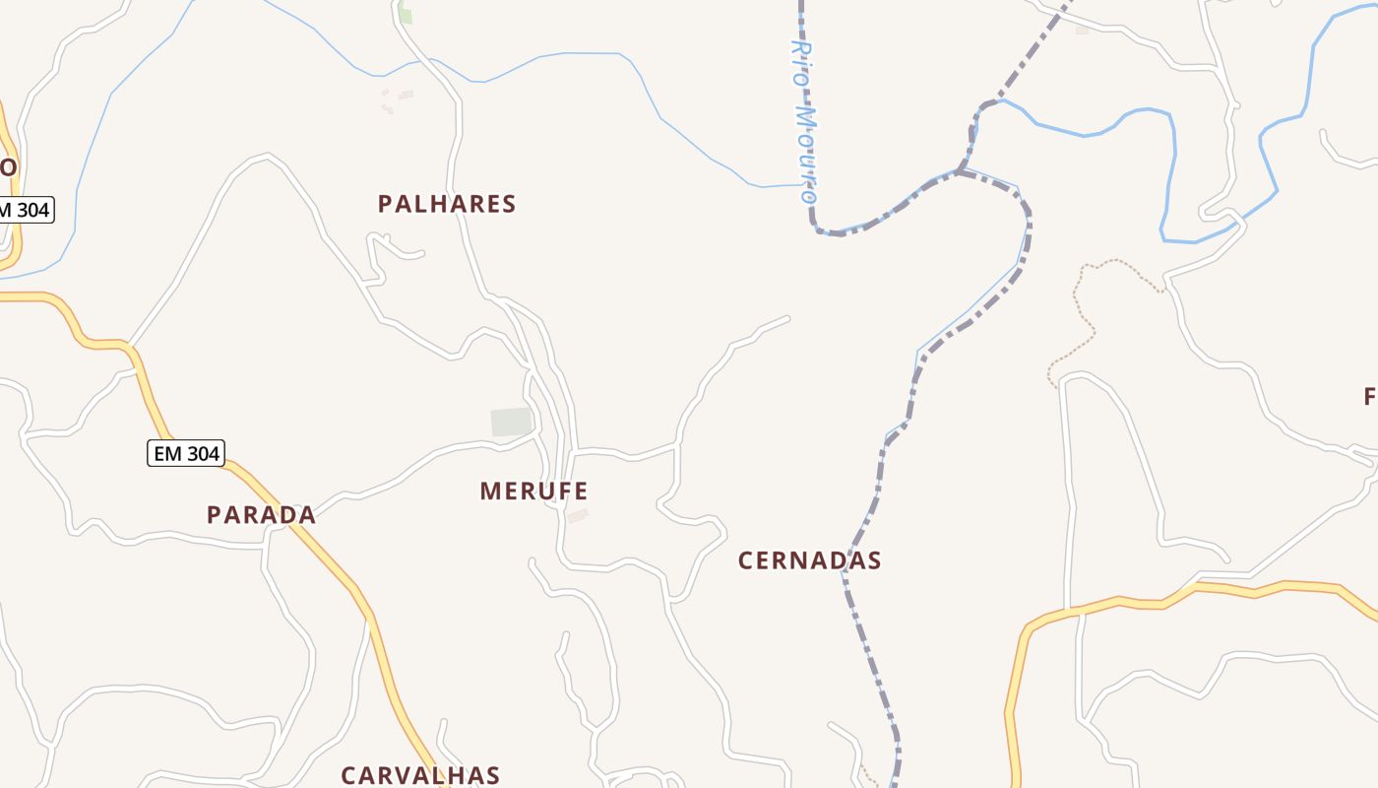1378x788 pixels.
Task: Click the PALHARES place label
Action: click(447, 204)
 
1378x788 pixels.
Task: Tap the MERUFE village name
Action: click(533, 491)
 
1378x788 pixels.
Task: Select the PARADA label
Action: click(261, 514)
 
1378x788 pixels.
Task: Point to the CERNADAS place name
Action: click(809, 560)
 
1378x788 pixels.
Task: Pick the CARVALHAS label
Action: click(420, 775)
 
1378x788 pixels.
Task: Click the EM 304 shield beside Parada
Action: click(186, 453)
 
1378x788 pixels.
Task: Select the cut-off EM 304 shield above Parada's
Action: click(26, 209)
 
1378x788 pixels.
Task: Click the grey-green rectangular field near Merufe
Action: click(511, 422)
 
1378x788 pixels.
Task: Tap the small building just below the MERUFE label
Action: click(577, 515)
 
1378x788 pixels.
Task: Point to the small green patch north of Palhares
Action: click(406, 16)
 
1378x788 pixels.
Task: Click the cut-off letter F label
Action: click(1370, 397)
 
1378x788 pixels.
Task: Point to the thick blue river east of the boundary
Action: click(1171, 167)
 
